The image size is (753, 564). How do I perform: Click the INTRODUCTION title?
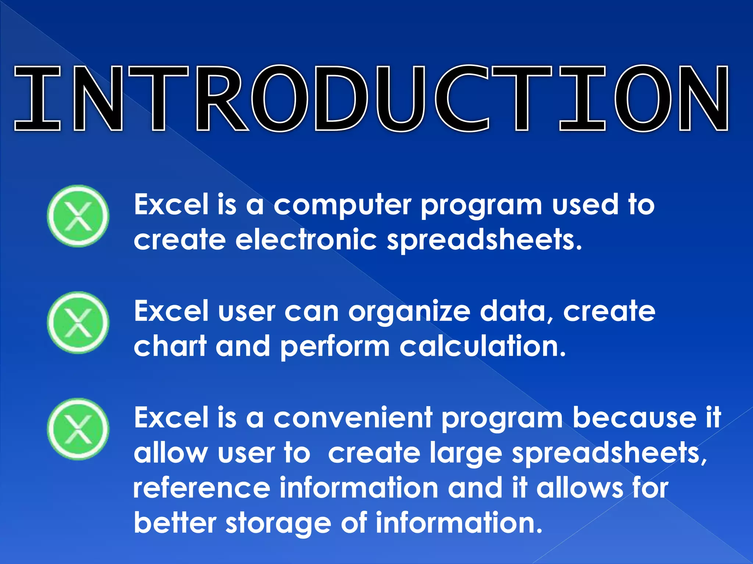371,98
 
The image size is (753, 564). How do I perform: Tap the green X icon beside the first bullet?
78,216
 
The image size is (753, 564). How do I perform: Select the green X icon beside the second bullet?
78,322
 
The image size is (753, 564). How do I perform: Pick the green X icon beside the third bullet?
78,429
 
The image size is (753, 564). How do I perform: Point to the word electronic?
306,240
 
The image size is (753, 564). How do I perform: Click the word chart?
170,346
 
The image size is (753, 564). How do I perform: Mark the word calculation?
482,346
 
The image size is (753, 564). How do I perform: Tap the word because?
634,418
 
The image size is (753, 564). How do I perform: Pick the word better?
175,523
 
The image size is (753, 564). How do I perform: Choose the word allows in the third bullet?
579,488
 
